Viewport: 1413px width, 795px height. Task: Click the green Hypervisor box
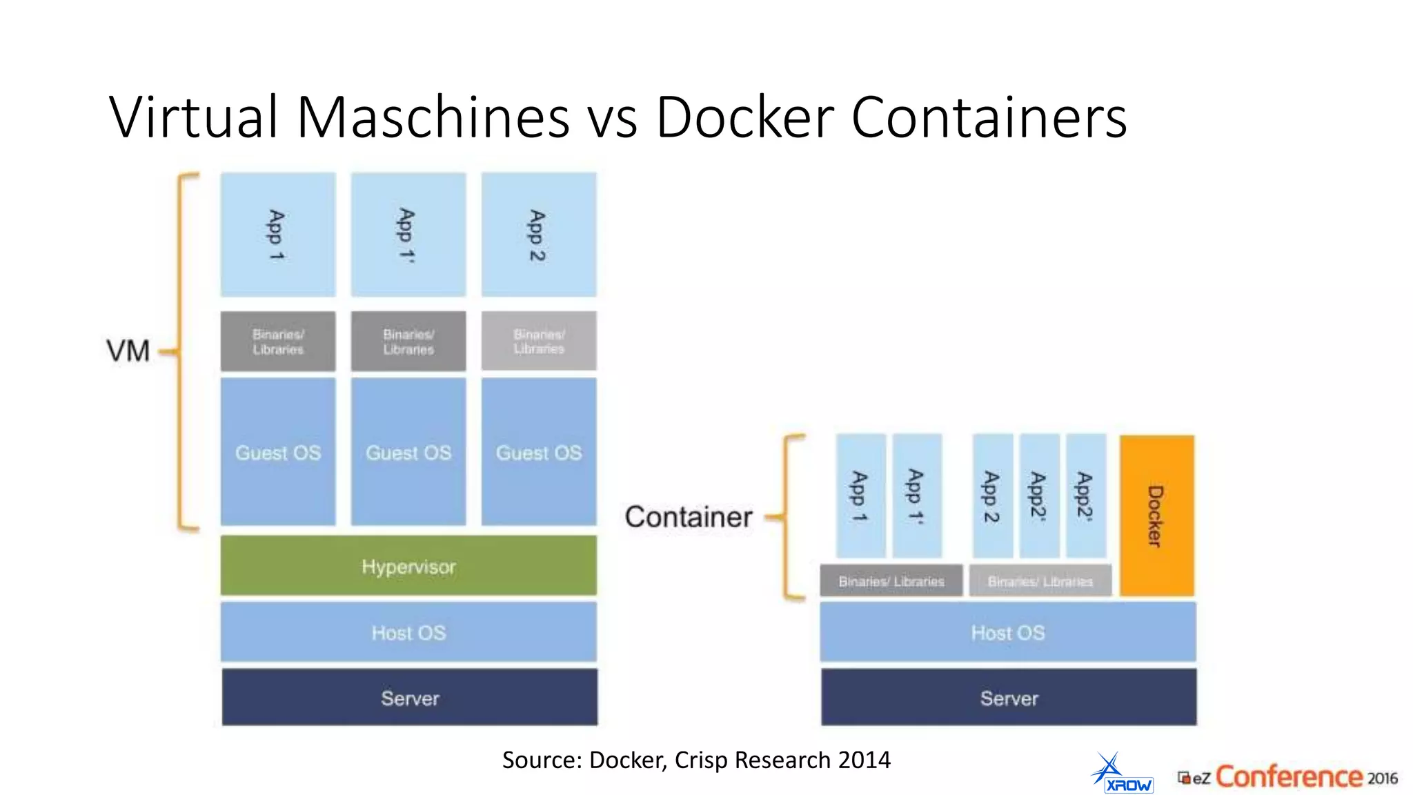[x=408, y=565]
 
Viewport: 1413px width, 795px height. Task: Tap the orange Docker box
[x=1156, y=516]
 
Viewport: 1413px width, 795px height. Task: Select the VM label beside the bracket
[x=128, y=351]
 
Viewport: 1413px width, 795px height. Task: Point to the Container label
[x=688, y=517]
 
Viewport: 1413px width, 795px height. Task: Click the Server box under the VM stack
[x=410, y=697]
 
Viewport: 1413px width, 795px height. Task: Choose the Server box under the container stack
[x=1009, y=697]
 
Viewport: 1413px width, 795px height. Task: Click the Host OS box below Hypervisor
[x=408, y=631]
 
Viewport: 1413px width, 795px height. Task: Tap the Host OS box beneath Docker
[x=1007, y=631]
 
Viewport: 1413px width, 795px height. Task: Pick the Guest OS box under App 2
[x=539, y=452]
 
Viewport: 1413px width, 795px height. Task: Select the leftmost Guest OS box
[x=278, y=452]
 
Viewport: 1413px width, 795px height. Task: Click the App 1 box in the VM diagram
[x=278, y=235]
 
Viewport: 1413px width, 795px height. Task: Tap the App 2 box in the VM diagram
[x=539, y=235]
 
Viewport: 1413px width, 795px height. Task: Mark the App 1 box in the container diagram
[x=860, y=495]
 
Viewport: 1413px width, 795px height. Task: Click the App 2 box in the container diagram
[x=992, y=495]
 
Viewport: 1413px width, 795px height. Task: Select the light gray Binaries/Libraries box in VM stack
[x=539, y=341]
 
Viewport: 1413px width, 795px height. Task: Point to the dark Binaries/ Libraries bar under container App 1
[x=891, y=581]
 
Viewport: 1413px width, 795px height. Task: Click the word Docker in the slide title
[x=745, y=117]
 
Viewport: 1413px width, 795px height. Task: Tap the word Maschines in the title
[x=433, y=117]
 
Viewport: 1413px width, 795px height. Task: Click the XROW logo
[x=1123, y=774]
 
